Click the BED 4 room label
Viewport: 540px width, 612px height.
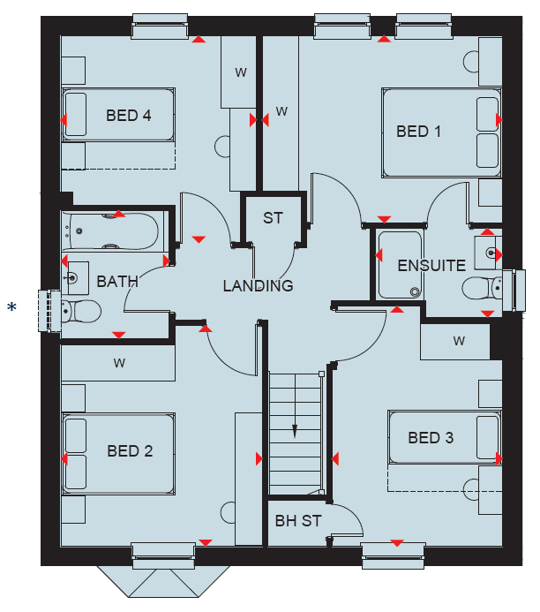click(x=128, y=116)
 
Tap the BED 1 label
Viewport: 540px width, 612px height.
click(x=418, y=132)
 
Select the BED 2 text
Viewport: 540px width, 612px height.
click(x=130, y=451)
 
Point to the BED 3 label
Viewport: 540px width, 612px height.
click(x=431, y=438)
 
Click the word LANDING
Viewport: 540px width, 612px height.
click(x=259, y=286)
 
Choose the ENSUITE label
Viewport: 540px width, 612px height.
click(x=431, y=266)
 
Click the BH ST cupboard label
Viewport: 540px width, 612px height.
click(x=298, y=521)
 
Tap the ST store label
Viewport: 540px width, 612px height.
click(x=273, y=218)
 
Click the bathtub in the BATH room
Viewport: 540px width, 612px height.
click(x=110, y=231)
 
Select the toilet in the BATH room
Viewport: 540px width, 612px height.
click(x=81, y=311)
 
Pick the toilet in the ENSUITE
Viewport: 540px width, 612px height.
click(x=482, y=288)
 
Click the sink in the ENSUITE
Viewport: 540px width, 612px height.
click(x=488, y=253)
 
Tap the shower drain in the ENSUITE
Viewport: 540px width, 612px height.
click(x=416, y=291)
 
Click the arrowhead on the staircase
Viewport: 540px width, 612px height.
click(x=295, y=431)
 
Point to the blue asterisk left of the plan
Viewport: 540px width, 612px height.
click(x=11, y=307)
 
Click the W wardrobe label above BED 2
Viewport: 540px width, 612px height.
click(x=119, y=363)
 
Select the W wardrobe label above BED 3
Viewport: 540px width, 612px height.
click(x=459, y=341)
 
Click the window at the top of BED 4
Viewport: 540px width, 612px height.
click(x=160, y=26)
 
